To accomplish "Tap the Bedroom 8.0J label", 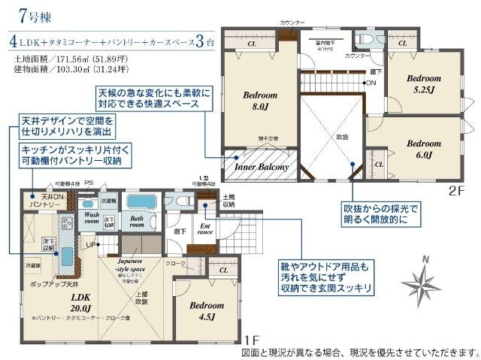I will (261, 101).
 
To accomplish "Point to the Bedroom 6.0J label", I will (422, 149).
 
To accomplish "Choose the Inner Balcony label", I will (262, 168).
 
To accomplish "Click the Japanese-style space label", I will (135, 267).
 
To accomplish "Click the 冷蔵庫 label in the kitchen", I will (32, 266).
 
